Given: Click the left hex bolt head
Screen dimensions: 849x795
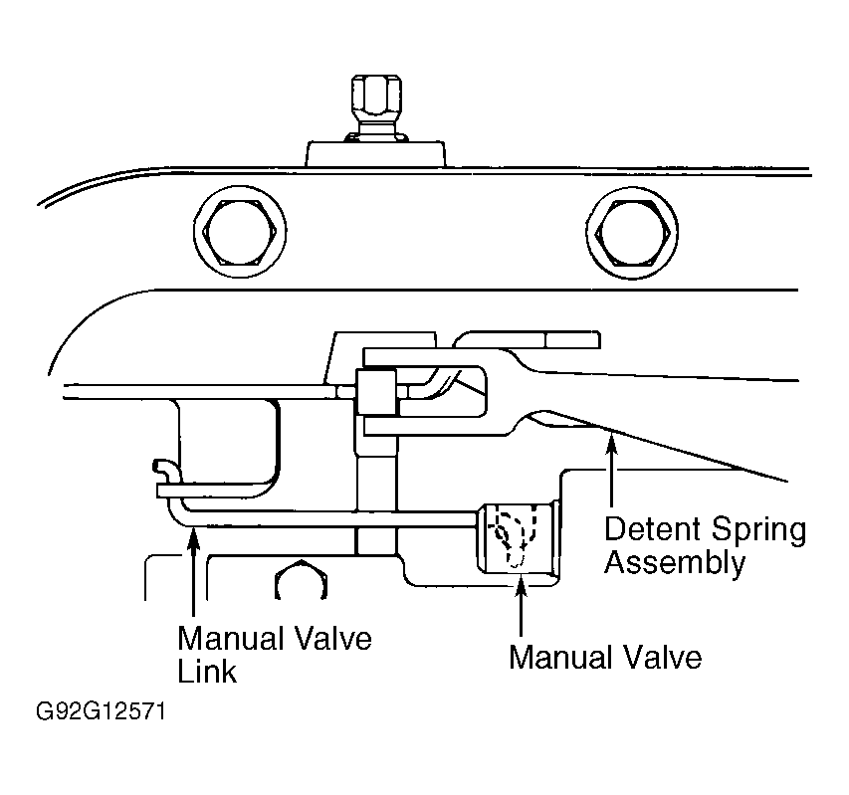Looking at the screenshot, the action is click(241, 231).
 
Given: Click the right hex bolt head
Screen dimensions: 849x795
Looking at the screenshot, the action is click(632, 233).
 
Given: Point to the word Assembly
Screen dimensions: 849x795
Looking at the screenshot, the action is click(675, 563).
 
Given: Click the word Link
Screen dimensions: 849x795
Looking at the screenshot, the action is click(207, 672).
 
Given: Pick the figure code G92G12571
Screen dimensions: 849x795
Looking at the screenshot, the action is click(101, 711).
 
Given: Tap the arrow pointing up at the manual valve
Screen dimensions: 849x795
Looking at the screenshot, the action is click(521, 605).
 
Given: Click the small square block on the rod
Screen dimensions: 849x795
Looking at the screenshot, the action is click(376, 392).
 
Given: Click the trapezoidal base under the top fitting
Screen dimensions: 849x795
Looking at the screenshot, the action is click(376, 153).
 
